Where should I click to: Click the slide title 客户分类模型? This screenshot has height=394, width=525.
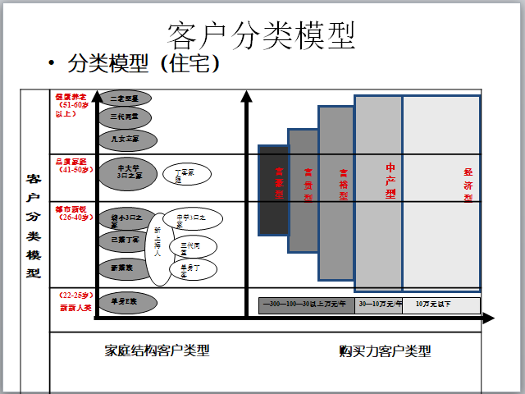pyautogui.click(x=262, y=34)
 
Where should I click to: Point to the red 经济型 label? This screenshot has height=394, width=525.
pyautogui.click(x=468, y=185)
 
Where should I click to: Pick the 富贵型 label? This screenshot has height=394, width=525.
pyautogui.click(x=308, y=185)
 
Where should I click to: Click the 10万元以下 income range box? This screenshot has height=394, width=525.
pyautogui.click(x=441, y=305)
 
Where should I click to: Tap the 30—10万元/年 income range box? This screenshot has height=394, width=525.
pyautogui.click(x=379, y=305)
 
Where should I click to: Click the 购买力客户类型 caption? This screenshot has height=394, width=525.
pyautogui.click(x=385, y=351)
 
